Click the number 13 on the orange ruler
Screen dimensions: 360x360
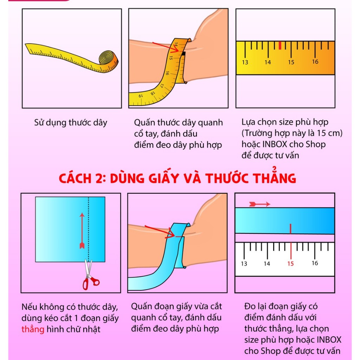point(245,62)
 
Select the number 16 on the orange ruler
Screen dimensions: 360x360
point(315,62)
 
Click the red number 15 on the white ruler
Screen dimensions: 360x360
point(290,263)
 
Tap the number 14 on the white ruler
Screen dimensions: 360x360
point(267,263)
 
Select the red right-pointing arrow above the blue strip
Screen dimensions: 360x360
point(259,204)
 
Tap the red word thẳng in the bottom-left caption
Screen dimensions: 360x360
point(33,329)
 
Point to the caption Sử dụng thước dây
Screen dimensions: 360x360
point(71,123)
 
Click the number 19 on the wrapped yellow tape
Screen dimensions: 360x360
point(140,96)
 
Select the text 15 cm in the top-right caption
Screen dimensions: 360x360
point(327,133)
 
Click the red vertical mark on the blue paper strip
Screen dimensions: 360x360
point(290,228)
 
